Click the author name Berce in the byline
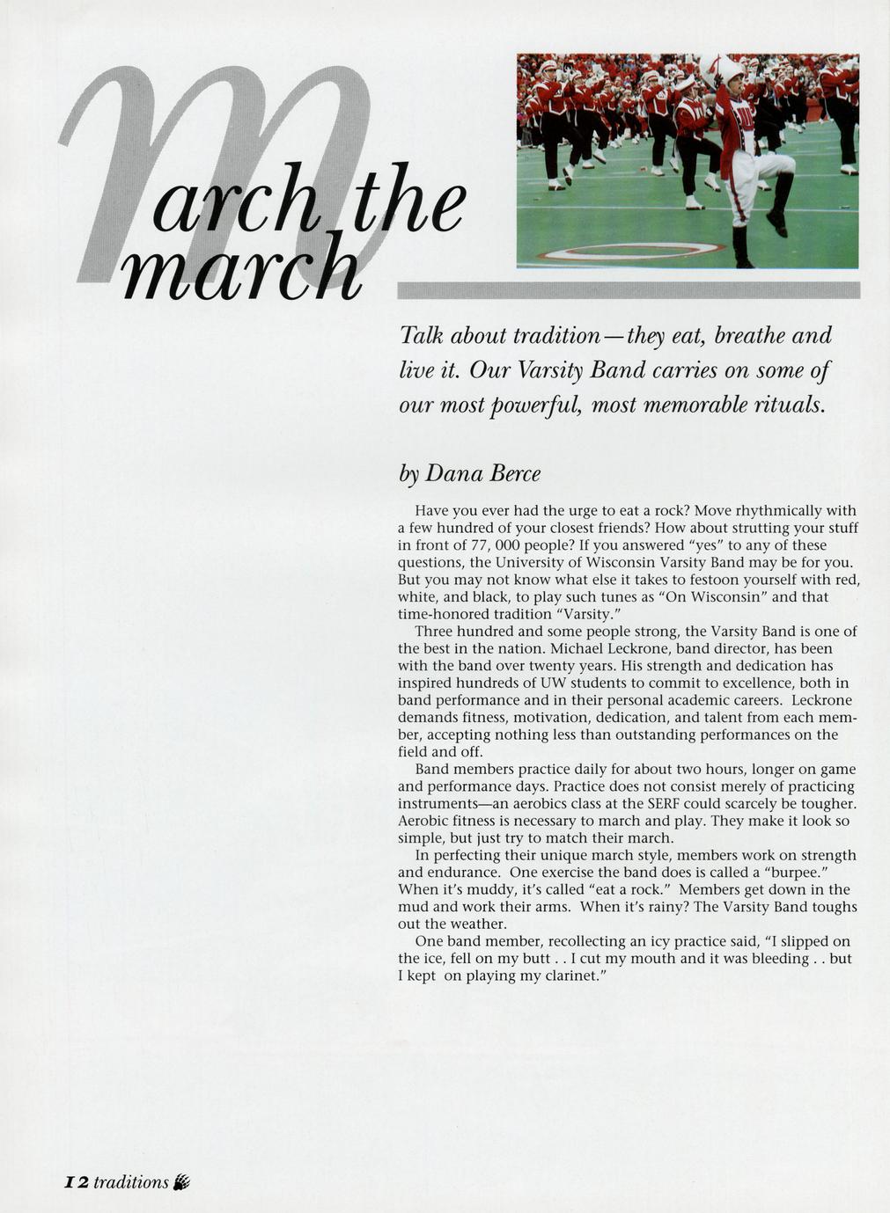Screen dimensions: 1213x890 pyautogui.click(x=515, y=474)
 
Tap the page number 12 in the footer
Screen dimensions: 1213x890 pyautogui.click(x=77, y=1182)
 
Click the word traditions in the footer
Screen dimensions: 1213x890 pyautogui.click(x=130, y=1182)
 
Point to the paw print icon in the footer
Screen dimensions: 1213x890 pyautogui.click(x=182, y=1182)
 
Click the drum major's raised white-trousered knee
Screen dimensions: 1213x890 pyautogui.click(x=780, y=167)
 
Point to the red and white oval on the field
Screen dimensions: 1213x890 pyautogui.click(x=630, y=252)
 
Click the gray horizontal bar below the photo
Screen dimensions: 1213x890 pyautogui.click(x=629, y=290)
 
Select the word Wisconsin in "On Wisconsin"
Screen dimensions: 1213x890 pyautogui.click(x=719, y=596)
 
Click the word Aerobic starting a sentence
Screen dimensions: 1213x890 pyautogui.click(x=424, y=821)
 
